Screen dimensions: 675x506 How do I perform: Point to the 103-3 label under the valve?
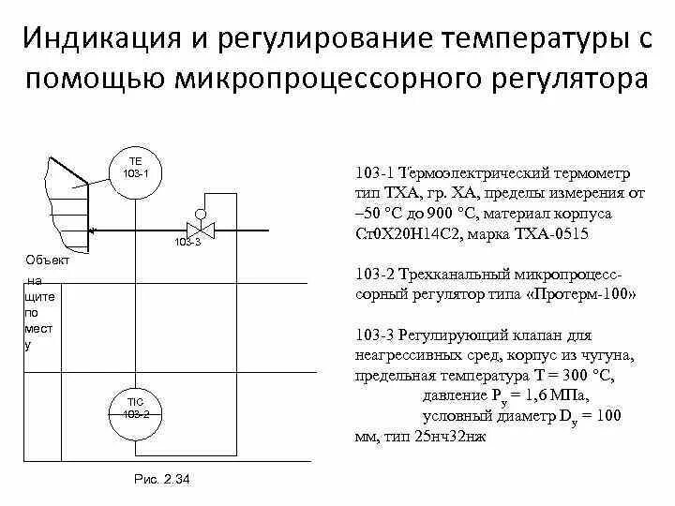point(187,243)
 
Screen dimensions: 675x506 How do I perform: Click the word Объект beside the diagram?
point(48,260)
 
